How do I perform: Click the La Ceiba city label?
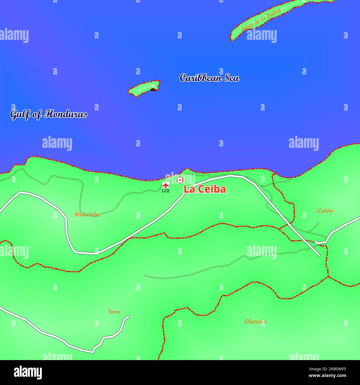pyautogui.click(x=205, y=189)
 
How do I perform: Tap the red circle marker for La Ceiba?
pyautogui.click(x=180, y=180)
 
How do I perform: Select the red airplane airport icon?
pyautogui.click(x=166, y=185)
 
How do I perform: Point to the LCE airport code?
pyautogui.click(x=166, y=191)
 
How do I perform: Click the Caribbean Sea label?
pyautogui.click(x=209, y=78)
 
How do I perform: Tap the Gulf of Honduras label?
pyautogui.click(x=48, y=114)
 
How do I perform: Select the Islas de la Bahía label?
pyautogui.click(x=261, y=20)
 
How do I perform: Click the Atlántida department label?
pyautogui.click(x=86, y=214)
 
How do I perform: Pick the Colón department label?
pyautogui.click(x=325, y=211)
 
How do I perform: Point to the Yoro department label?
pyautogui.click(x=114, y=312)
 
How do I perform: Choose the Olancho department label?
pyautogui.click(x=255, y=322)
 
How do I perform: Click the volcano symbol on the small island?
pyautogui.click(x=153, y=88)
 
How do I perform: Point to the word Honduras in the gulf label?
pyautogui.click(x=66, y=114)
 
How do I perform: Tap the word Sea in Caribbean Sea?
pyautogui.click(x=232, y=78)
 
